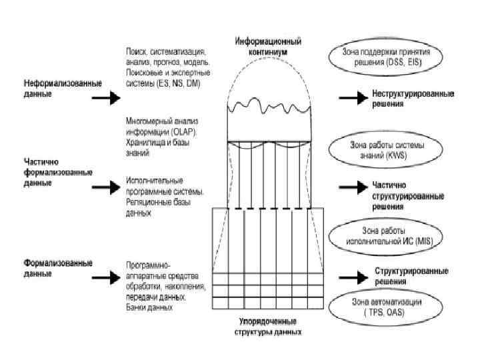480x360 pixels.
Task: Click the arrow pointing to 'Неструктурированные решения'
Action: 349,99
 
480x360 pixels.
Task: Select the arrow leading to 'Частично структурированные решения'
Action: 349,189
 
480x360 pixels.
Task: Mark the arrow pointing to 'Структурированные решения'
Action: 349,275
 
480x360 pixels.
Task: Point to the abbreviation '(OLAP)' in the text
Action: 175,131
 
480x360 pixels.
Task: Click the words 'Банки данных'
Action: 149,308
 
